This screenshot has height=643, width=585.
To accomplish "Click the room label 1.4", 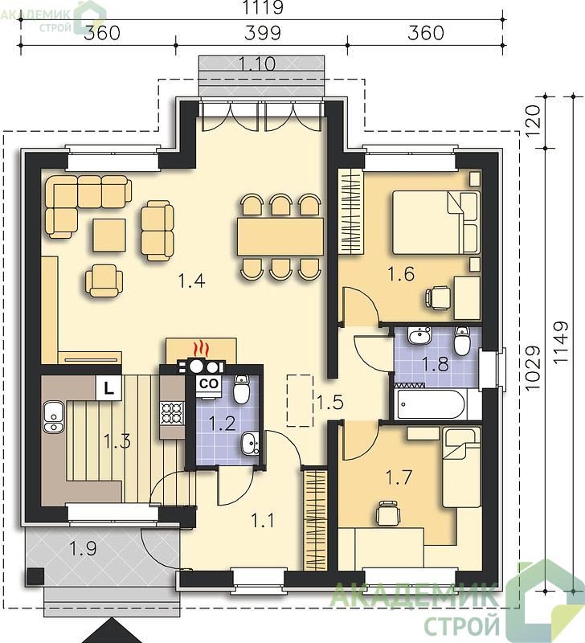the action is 191,281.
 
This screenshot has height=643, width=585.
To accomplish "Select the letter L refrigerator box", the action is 108,387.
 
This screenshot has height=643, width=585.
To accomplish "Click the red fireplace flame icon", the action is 201,349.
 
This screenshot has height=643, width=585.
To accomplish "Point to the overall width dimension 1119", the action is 263,7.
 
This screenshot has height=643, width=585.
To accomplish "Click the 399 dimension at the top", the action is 263,33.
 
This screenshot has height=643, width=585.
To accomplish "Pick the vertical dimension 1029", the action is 533,368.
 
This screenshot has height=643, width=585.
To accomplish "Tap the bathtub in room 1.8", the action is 430,404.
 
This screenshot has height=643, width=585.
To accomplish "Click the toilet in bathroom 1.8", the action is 462,341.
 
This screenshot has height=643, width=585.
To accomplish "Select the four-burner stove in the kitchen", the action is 172,413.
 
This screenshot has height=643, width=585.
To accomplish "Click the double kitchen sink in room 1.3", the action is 53,417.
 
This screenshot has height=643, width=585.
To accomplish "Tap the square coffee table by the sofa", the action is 109,235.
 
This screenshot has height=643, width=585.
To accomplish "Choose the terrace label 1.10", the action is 257,64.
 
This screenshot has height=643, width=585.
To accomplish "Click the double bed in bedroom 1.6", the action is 436,223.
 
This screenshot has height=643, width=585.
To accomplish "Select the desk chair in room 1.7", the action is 387,512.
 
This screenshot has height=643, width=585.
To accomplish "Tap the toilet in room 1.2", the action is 241,389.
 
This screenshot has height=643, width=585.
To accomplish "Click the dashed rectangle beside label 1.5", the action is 300,400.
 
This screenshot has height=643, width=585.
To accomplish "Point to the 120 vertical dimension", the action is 533,122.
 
